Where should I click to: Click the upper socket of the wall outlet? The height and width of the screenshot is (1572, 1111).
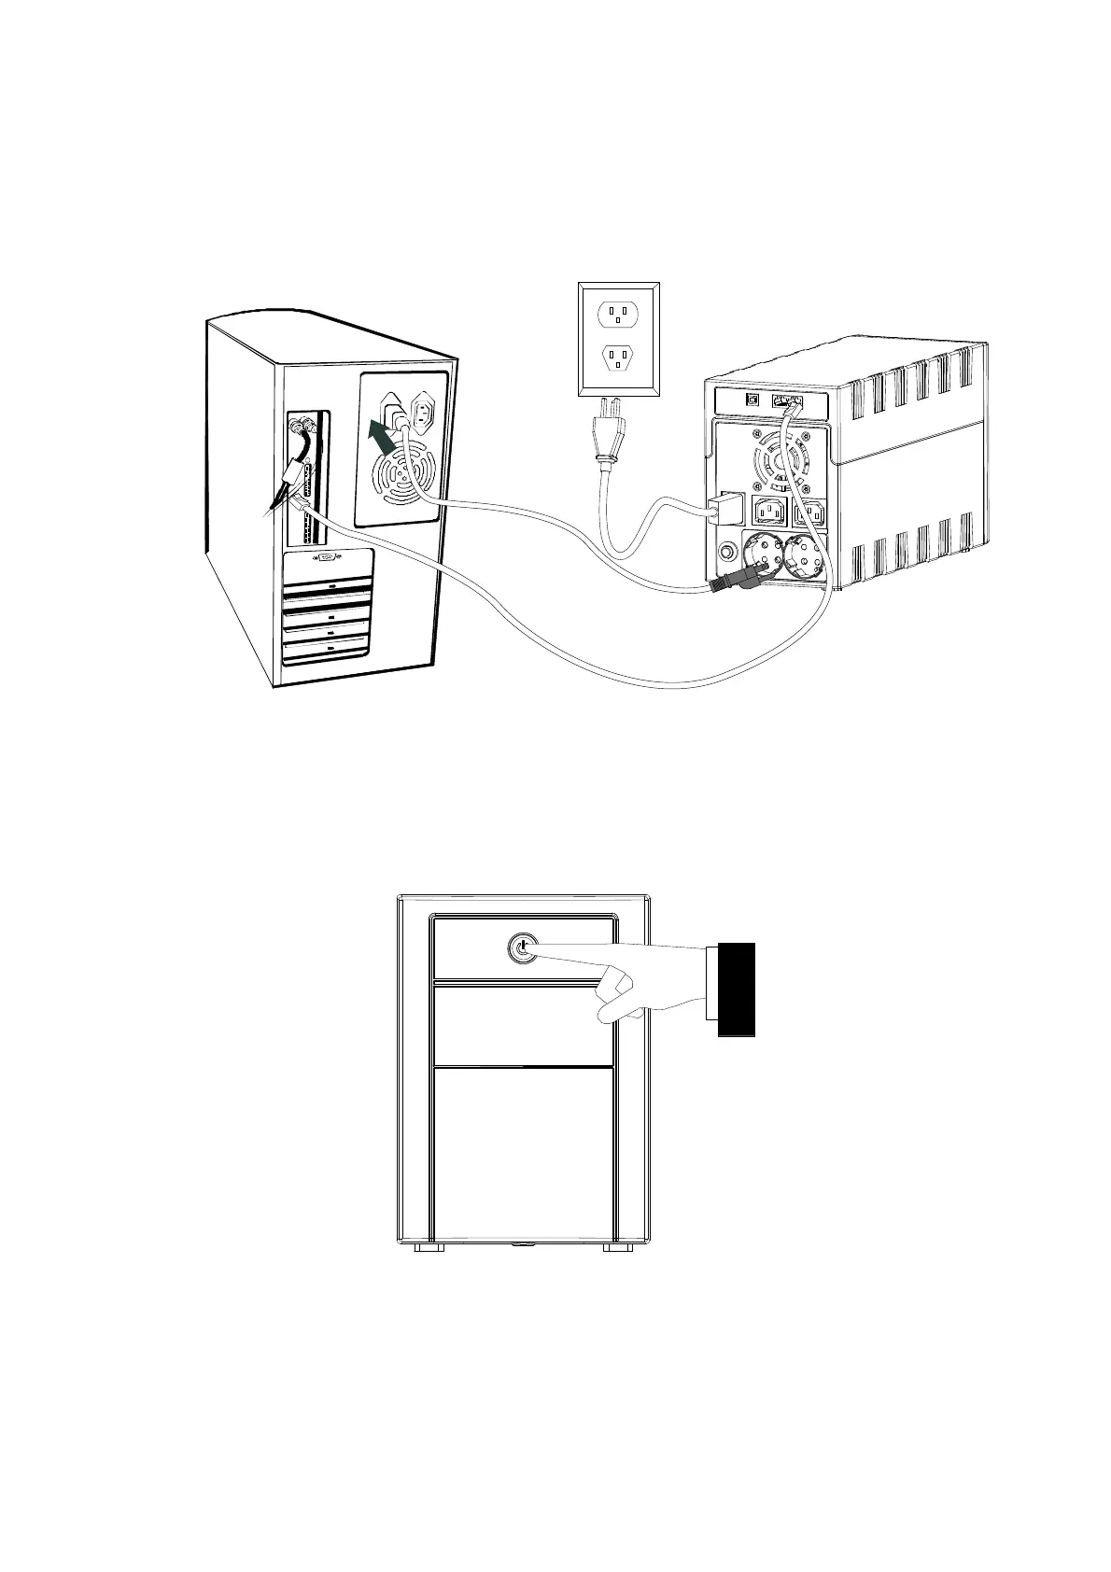tap(617, 315)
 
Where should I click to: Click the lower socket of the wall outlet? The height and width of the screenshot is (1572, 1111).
tap(617, 357)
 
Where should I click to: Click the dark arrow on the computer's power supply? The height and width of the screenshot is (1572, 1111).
tap(379, 435)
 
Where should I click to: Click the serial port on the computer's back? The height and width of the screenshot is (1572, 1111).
tap(328, 559)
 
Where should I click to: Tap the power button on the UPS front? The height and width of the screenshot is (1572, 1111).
tap(521, 949)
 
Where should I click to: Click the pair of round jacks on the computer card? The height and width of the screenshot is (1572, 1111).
tap(303, 428)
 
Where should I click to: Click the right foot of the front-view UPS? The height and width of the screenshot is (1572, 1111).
tap(618, 1247)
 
